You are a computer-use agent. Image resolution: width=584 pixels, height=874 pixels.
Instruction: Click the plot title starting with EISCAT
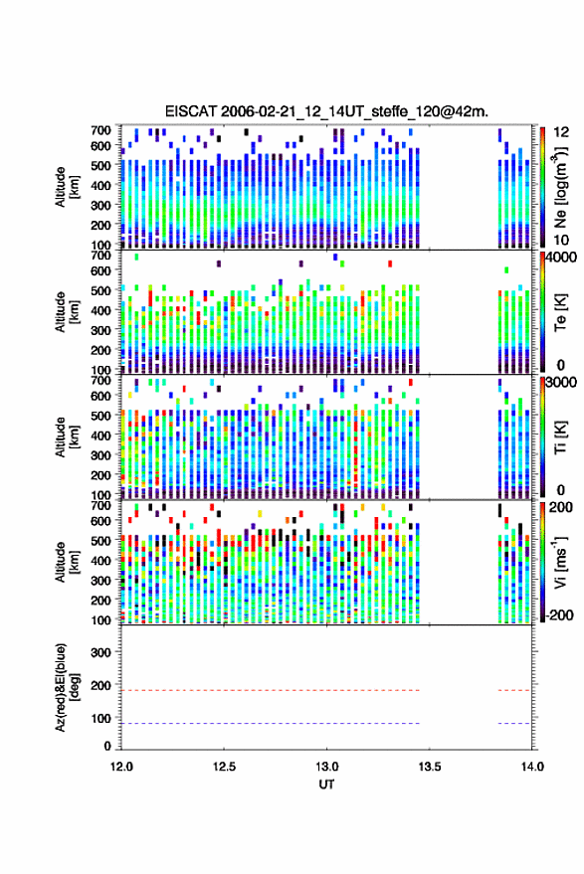pos(326,111)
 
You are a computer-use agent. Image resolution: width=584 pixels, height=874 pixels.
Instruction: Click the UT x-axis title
pos(326,785)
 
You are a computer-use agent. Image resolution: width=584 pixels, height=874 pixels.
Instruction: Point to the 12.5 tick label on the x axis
pos(224,767)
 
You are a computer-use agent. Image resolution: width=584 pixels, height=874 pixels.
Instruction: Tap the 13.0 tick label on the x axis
pos(327,767)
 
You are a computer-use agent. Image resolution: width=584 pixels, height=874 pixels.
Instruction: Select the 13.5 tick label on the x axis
pos(430,767)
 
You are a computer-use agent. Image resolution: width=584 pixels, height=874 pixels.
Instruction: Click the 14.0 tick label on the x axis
pos(532,767)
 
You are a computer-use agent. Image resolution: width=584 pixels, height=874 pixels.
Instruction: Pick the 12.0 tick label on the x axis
pos(121,767)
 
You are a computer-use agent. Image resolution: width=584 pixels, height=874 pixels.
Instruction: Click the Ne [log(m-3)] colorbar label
pos(560,187)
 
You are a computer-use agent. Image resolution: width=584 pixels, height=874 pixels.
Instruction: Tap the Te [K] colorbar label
pos(560,312)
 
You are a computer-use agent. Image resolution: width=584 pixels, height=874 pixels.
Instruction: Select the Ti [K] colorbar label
pos(560,437)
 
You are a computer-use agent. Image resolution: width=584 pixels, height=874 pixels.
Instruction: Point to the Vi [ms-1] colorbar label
pos(560,562)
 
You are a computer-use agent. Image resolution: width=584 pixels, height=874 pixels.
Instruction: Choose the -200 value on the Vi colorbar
pos(560,615)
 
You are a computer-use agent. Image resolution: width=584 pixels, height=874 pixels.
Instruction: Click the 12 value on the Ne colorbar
pos(562,132)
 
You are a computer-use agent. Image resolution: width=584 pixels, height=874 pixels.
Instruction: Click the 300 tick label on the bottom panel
pos(100,652)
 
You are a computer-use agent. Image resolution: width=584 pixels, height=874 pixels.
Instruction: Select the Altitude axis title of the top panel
pos(66,187)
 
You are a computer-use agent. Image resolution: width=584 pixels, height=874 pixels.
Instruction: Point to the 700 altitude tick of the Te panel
pos(100,256)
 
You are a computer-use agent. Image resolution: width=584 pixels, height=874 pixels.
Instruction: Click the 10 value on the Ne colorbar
pos(562,241)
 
